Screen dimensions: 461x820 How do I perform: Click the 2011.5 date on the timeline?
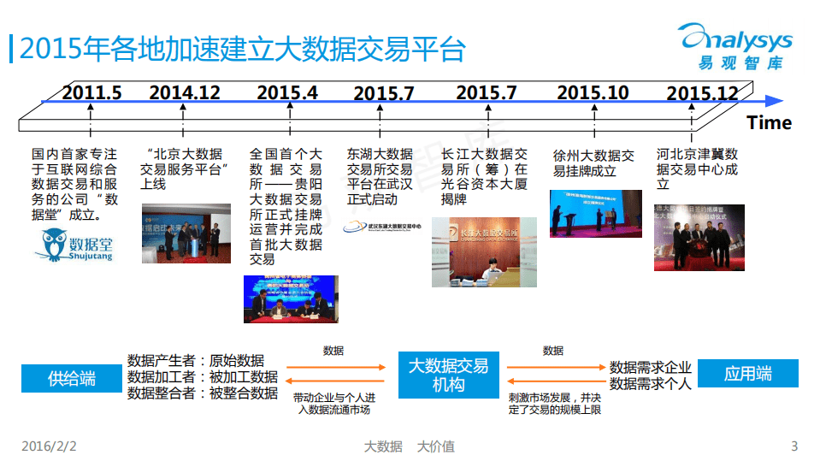click(x=91, y=92)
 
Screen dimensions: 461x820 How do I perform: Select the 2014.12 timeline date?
click(x=185, y=92)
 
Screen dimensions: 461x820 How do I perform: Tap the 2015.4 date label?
click(x=287, y=92)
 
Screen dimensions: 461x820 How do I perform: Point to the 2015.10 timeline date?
click(x=593, y=92)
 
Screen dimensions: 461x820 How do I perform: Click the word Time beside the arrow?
click(x=769, y=122)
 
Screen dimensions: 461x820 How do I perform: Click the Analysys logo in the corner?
click(x=735, y=48)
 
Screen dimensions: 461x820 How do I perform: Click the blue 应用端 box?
click(x=748, y=374)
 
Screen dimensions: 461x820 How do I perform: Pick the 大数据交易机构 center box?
click(x=448, y=375)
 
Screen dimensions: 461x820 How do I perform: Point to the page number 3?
click(x=794, y=446)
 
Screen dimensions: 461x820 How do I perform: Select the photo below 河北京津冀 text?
click(x=699, y=237)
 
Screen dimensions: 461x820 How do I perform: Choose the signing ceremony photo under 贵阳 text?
click(x=290, y=298)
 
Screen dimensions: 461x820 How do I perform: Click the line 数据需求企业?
click(x=650, y=367)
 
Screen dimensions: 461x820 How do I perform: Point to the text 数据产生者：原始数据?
click(x=196, y=360)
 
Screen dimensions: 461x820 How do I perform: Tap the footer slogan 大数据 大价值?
click(x=409, y=446)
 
